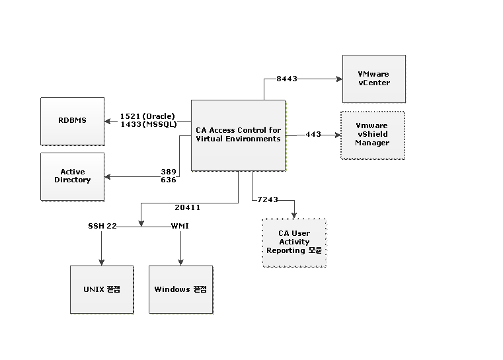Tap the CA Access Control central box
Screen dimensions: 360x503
tap(238, 135)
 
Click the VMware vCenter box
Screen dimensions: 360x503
tap(373, 79)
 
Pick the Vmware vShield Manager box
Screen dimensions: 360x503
tap(372, 135)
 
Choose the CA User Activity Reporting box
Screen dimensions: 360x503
tap(294, 242)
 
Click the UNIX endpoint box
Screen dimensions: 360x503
tap(102, 289)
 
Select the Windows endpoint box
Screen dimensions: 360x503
tap(181, 289)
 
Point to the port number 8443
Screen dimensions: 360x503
tap(287, 79)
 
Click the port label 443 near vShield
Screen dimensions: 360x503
tap(313, 135)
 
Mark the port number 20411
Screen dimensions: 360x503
tap(188, 207)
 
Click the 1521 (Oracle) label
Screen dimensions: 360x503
tap(147, 116)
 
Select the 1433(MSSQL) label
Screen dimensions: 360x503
tap(147, 124)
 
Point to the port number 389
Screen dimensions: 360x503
tap(169, 172)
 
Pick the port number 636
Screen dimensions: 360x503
tap(169, 180)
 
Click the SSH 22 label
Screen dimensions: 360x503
tap(102, 226)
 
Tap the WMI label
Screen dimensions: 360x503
tap(180, 226)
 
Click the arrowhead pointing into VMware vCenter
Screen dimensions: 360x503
tap(340, 79)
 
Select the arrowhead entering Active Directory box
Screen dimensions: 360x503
tap(108, 176)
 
